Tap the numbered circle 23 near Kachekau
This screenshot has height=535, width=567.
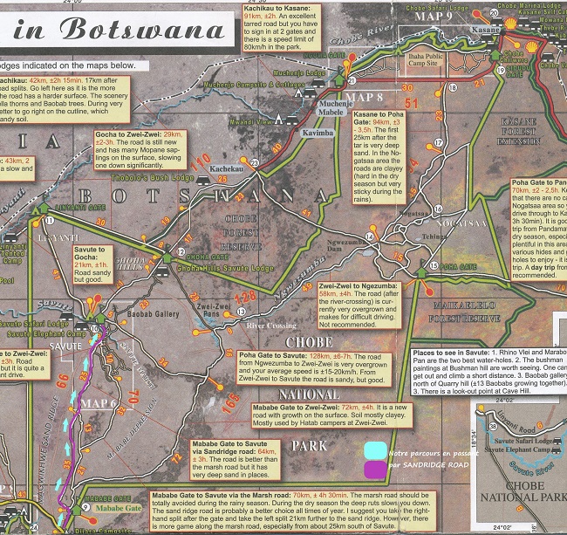(254, 162)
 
